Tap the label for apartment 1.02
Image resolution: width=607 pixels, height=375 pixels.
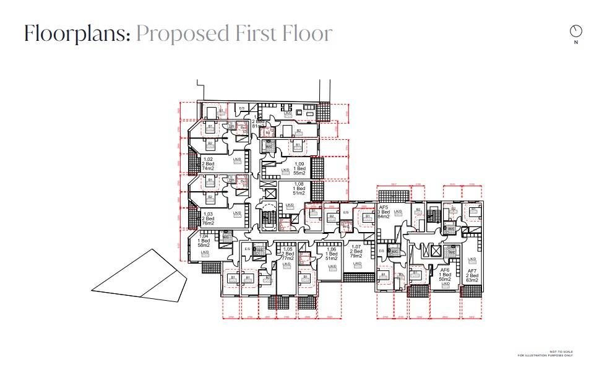coord(208,163)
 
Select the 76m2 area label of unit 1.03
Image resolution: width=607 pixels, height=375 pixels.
coord(208,223)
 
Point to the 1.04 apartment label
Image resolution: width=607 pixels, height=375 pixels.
coord(204,241)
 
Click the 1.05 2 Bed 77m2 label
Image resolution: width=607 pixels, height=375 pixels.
coord(287,253)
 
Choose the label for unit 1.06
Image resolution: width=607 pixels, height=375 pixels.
coord(331,253)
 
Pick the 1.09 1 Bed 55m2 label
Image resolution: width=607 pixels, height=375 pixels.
coord(299,168)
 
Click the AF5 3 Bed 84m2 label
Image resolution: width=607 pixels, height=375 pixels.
coord(384,212)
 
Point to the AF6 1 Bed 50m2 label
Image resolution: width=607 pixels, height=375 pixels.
coord(444,275)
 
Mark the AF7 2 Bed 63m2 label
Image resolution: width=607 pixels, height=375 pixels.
coord(472,275)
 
